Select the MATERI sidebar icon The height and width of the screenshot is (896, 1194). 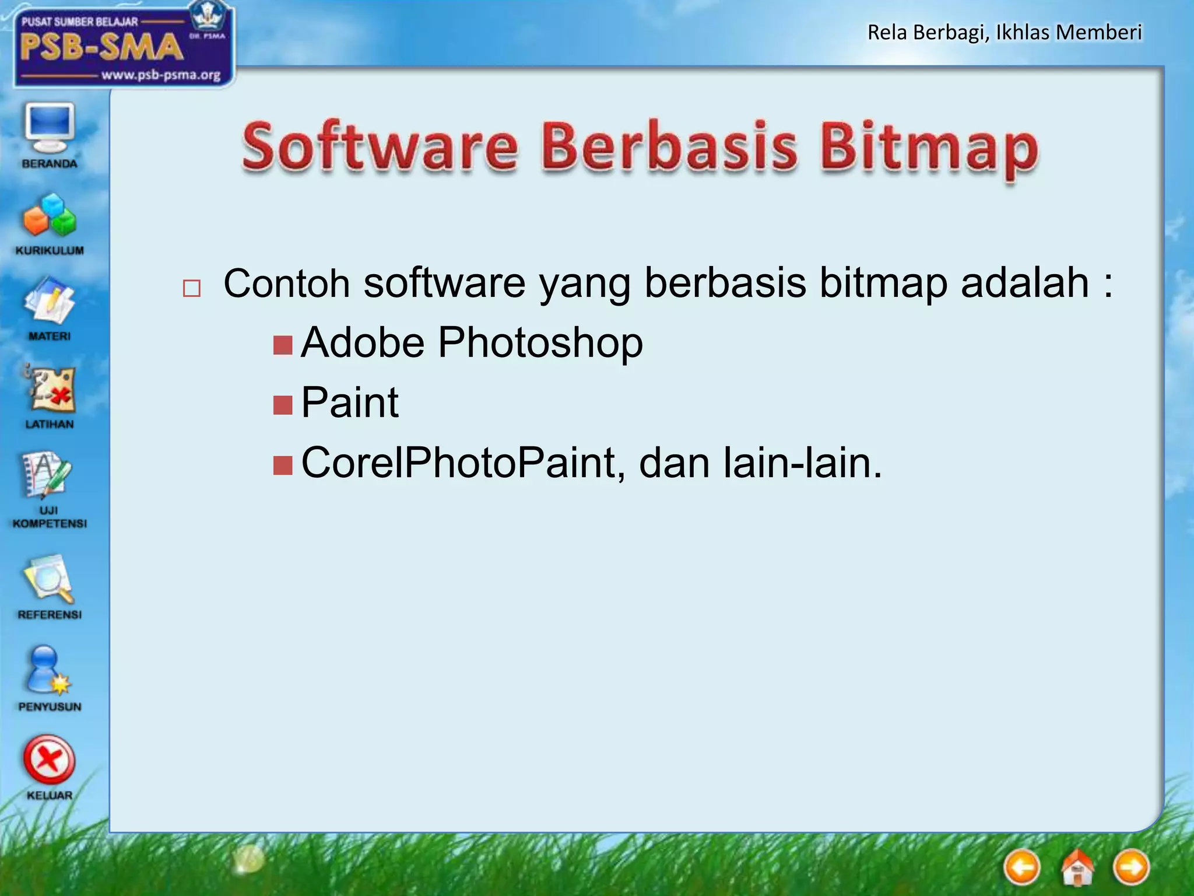coord(50,302)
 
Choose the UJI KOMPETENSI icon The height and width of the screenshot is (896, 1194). coord(48,475)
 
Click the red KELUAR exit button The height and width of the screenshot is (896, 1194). coord(50,761)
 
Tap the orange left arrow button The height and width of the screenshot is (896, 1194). coord(1022,867)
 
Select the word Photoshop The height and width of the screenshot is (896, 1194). coord(540,342)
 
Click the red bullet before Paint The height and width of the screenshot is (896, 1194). coord(283,404)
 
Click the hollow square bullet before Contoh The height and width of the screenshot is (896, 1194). coord(192,288)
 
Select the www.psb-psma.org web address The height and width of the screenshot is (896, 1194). coord(161,75)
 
